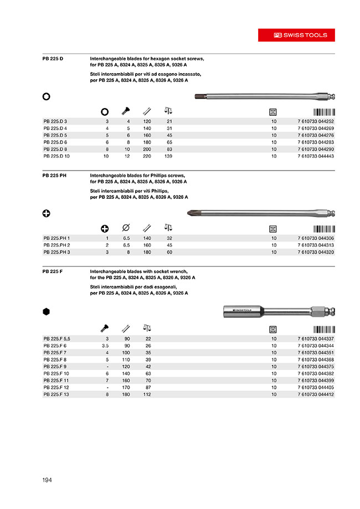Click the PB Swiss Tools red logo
pos(301,35)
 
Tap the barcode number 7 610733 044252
pos(316,121)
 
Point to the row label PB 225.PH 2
pos(56,245)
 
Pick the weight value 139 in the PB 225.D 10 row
pos(169,157)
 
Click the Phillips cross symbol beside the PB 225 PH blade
pos(47,214)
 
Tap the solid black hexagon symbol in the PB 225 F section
pos(47,311)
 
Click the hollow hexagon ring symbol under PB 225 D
pos(47,96)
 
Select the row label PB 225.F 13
pos(56,395)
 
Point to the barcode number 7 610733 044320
pos(316,252)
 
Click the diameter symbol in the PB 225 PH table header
pos(126,228)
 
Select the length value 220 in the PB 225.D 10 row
pos(147,157)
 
